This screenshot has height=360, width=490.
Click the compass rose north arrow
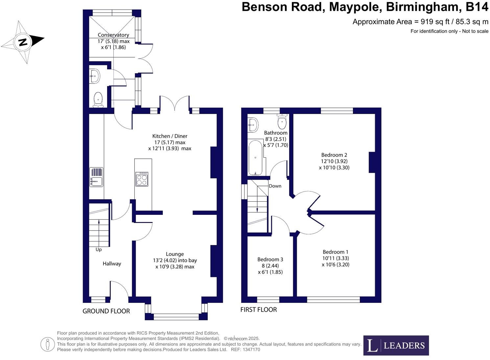23,42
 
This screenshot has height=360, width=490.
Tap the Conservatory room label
113,35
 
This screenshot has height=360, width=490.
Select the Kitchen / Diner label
170,136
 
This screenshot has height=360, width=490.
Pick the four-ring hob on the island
142,179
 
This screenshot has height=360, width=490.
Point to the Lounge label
175,254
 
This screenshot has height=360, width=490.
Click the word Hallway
112,263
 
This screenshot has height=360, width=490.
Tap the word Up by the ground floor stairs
99,249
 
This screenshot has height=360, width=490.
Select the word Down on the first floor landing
275,186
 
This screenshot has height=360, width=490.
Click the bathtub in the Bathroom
255,158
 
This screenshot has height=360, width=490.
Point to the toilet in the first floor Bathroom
282,122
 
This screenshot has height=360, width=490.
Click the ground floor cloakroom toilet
98,100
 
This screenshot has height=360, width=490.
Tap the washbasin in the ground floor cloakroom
94,76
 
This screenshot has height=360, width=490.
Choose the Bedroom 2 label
334,155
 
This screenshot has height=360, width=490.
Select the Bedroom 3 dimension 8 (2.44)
270,265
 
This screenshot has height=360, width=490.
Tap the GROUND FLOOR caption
106,311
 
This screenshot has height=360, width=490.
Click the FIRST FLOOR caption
259,309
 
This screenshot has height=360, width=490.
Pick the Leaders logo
396,345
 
